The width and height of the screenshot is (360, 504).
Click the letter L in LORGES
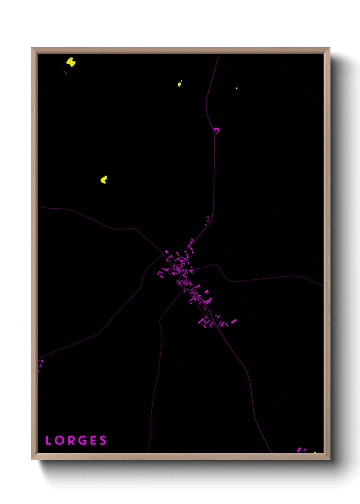pyautogui.click(x=48, y=440)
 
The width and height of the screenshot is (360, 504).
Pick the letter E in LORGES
pyautogui.click(x=93, y=440)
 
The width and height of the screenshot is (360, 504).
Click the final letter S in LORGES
pyautogui.click(x=103, y=440)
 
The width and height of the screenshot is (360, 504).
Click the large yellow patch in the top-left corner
pyautogui.click(x=71, y=62)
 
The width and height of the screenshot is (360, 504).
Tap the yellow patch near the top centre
pyautogui.click(x=179, y=84)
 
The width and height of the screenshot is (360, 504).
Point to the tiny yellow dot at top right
pyautogui.click(x=237, y=88)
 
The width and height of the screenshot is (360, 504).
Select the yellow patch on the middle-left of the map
pyautogui.click(x=104, y=179)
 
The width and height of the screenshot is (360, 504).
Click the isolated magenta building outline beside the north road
pyautogui.click(x=216, y=130)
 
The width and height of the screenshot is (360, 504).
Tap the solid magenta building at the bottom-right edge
pyautogui.click(x=298, y=450)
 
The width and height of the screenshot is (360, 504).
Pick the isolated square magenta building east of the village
pyautogui.click(x=207, y=292)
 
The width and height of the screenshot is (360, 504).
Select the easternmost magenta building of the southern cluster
pyautogui.click(x=234, y=321)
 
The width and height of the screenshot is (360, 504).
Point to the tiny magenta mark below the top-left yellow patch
pyautogui.click(x=65, y=72)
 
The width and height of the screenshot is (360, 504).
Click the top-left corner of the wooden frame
pyautogui.click(x=32, y=48)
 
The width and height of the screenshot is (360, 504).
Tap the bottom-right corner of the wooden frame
pyautogui.click(x=329, y=459)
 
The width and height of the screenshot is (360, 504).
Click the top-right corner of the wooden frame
pyautogui.click(x=329, y=48)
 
